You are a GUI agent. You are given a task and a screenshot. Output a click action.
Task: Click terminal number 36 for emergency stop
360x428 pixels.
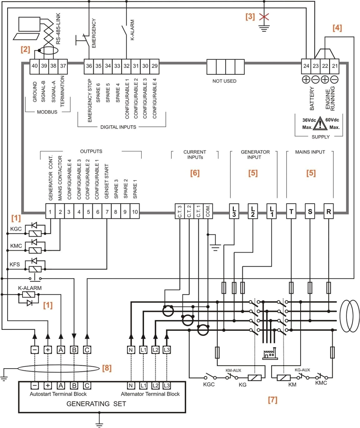[x=89, y=66]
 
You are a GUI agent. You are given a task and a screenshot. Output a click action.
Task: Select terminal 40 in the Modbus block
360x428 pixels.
[x=35, y=66]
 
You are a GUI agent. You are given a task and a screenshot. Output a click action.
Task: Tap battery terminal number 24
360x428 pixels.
[x=306, y=66]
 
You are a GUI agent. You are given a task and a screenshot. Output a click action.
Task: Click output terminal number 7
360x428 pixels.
[x=107, y=212]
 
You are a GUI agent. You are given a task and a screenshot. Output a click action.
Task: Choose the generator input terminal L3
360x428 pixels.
[x=234, y=211]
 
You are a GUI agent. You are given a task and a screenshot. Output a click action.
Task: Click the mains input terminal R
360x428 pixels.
[x=328, y=212]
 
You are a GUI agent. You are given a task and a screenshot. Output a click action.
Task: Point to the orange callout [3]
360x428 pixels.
[x=250, y=17]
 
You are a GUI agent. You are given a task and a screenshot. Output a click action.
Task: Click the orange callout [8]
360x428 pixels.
[x=107, y=368]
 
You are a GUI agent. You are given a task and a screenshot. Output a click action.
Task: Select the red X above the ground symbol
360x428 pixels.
[x=264, y=17]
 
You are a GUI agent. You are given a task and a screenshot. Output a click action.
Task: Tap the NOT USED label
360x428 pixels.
[x=224, y=81]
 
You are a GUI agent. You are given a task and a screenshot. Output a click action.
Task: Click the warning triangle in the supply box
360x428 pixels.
[x=320, y=124]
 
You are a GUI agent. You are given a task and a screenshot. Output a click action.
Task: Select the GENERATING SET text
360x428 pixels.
[x=96, y=404]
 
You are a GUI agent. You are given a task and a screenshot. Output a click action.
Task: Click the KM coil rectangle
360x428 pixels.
[x=283, y=378]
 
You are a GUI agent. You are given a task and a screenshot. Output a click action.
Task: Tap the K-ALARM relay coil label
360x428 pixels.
[x=30, y=288]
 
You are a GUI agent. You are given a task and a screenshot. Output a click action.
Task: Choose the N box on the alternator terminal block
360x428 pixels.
[x=131, y=386]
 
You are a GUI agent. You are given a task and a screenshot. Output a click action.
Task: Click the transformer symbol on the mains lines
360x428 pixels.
[x=350, y=316]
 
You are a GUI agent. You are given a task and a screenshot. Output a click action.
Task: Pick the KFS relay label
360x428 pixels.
[x=15, y=264]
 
